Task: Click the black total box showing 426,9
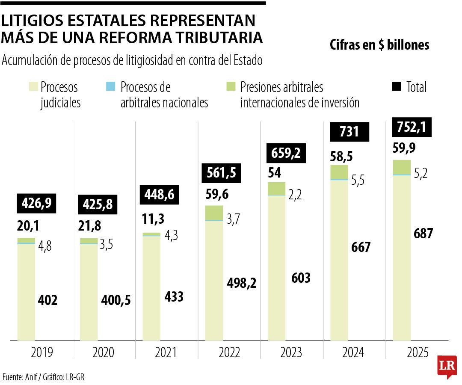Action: coord(36,203)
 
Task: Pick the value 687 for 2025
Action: coord(423,234)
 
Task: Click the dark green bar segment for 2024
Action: coord(339,172)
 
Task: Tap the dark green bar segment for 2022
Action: coord(214,213)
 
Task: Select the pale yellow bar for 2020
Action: coord(89,293)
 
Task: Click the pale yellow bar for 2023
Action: coord(276,267)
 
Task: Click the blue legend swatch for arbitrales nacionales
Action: coord(110,87)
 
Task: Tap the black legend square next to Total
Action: coord(397,87)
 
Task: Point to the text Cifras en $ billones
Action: coord(379,45)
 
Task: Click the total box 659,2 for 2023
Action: coord(287,153)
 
